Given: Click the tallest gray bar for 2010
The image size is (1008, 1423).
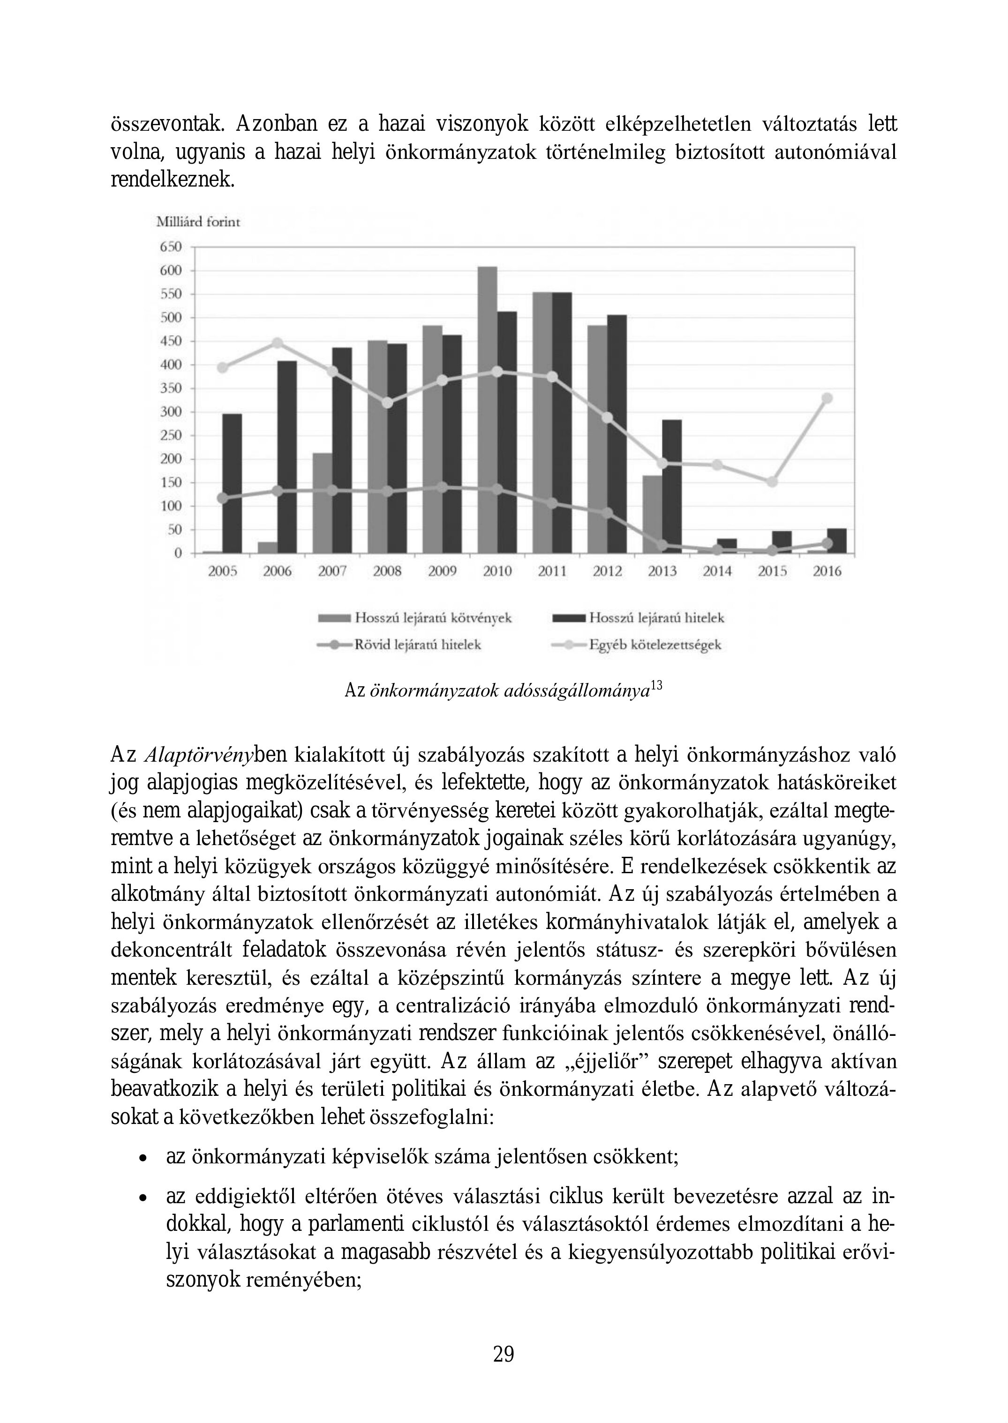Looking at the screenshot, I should [487, 410].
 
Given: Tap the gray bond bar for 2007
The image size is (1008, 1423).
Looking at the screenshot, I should [322, 502].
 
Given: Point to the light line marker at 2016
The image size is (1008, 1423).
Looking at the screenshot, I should [827, 398].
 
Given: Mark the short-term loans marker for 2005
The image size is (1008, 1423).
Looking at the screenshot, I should [222, 498].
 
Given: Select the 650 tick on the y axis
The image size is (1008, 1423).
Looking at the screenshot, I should [171, 247].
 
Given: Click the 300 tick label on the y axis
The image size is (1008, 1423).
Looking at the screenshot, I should [171, 412].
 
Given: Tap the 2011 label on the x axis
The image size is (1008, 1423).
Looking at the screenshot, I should [552, 571].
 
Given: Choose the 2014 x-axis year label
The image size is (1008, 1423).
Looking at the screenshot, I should [717, 571].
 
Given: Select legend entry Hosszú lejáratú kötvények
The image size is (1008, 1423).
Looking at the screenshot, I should [433, 618].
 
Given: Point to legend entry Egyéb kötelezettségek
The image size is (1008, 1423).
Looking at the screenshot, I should [655, 645].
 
